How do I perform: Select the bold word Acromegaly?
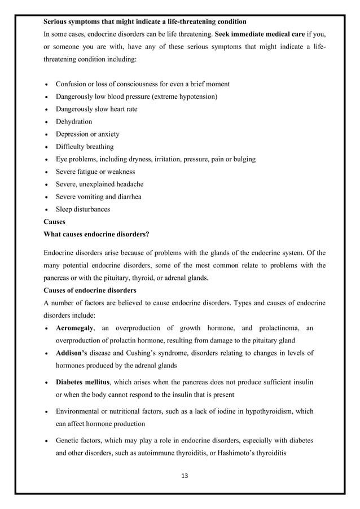click(74, 328)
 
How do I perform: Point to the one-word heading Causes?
click(54, 222)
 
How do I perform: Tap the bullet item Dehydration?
click(73, 121)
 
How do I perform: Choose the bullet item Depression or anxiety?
click(87, 134)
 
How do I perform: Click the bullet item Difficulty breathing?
click(85, 147)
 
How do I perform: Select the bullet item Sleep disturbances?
click(82, 209)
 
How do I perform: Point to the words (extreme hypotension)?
click(183, 96)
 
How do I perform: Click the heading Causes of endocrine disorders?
click(90, 291)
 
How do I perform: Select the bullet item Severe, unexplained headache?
click(99, 184)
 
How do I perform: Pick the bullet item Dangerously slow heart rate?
click(96, 109)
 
